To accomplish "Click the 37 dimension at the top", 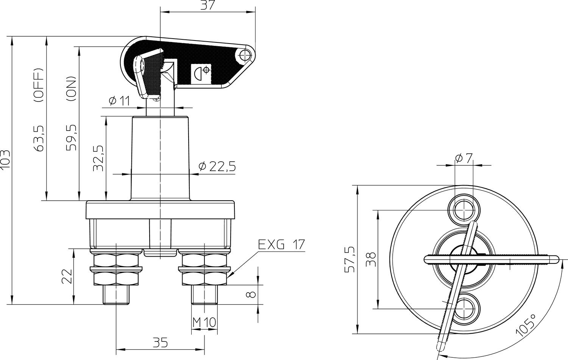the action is click(208, 5).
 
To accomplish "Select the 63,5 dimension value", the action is click(39, 139).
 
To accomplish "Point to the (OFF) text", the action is click(39, 86).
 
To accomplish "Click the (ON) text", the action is click(71, 89).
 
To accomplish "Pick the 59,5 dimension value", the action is click(71, 138).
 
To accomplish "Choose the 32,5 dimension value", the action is click(98, 159).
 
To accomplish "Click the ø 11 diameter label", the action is click(119, 101).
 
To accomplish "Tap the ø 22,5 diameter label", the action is click(217, 167).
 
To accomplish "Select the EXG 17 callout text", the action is click(281, 245).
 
